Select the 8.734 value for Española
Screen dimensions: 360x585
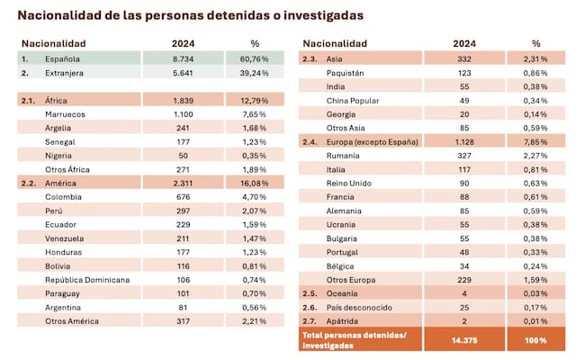click(184, 58)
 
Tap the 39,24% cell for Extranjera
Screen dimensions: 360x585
click(255, 74)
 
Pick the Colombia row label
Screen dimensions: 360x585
click(64, 197)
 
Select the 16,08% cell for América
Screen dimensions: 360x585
click(255, 184)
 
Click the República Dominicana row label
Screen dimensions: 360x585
click(87, 279)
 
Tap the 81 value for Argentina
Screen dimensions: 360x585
click(184, 306)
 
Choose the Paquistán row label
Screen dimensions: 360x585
click(347, 71)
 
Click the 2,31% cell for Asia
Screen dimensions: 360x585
click(536, 58)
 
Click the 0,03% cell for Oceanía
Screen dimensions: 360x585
click(536, 292)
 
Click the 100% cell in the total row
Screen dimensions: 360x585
click(536, 340)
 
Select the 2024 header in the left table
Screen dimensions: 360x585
click(184, 42)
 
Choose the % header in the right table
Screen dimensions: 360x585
click(536, 42)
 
